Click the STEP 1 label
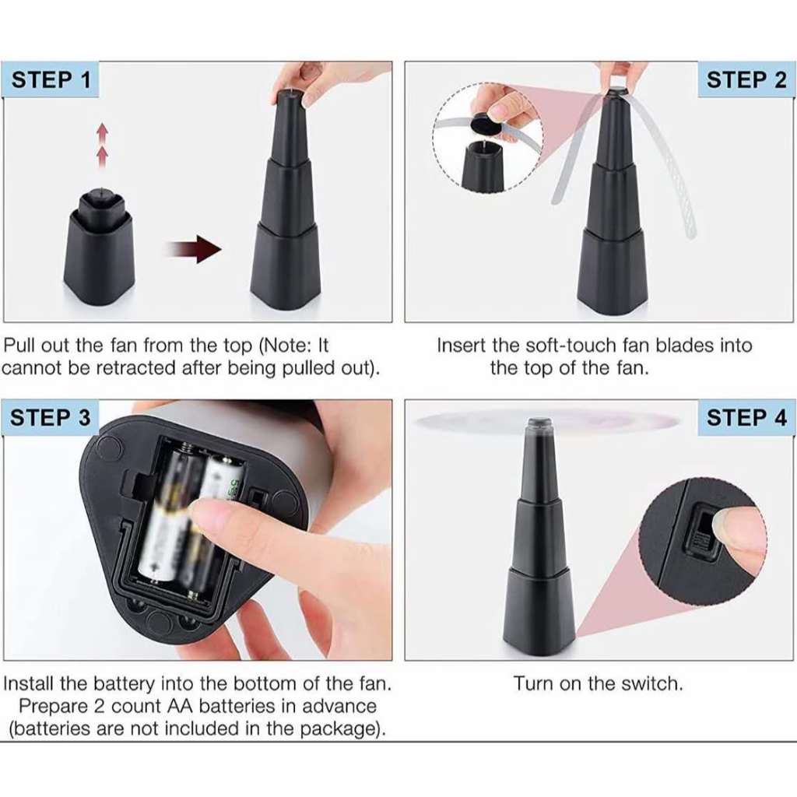tap(51, 80)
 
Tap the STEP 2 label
tap(746, 80)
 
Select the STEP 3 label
tap(51, 418)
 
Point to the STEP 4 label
tap(746, 418)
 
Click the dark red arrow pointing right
tap(193, 250)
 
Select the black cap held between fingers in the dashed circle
tap(485, 124)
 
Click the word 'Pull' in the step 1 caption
tap(20, 345)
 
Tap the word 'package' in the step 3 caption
tap(341, 729)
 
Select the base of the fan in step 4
tap(539, 609)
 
